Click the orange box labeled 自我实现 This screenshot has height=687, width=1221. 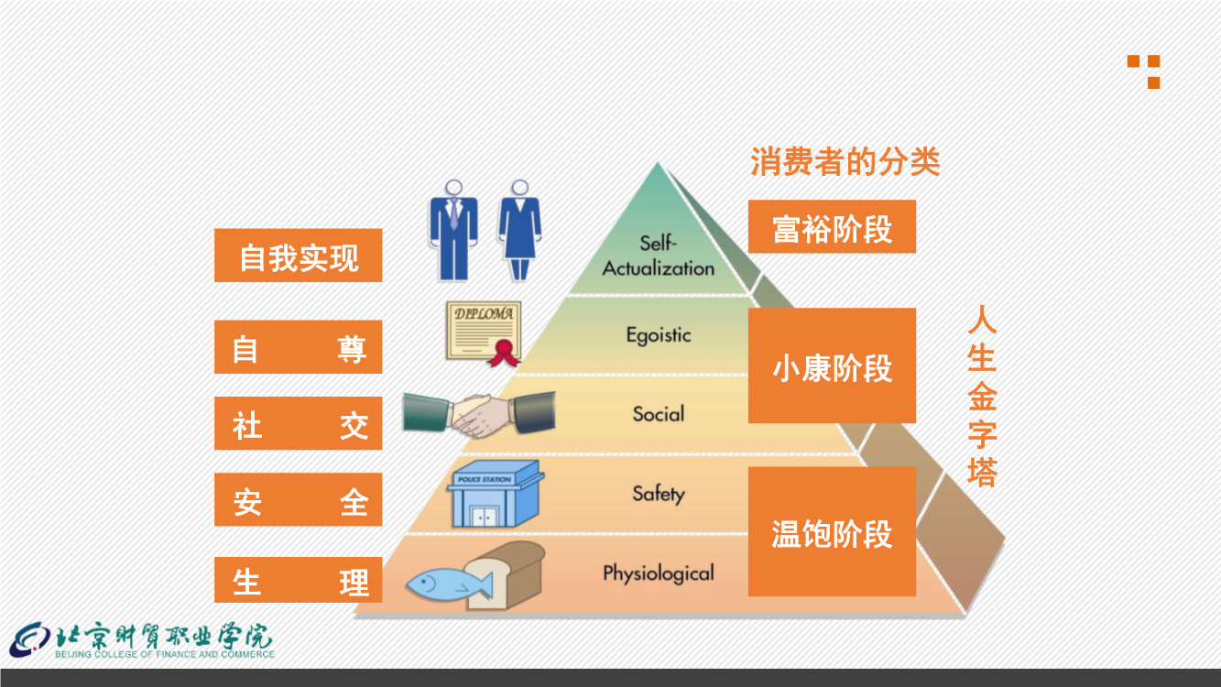tap(299, 256)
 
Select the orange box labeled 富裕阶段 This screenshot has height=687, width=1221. tap(832, 226)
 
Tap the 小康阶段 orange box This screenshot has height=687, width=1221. tap(832, 365)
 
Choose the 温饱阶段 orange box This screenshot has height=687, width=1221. tap(832, 531)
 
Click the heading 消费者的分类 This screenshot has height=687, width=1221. tap(845, 161)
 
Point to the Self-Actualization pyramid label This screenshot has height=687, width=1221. tap(659, 256)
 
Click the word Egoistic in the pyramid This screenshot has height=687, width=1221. tap(659, 335)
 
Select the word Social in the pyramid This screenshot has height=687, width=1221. tap(659, 414)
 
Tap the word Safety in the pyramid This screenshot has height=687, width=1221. tap(659, 494)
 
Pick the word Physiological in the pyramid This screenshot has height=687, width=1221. tap(659, 573)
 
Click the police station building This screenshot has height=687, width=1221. tap(495, 494)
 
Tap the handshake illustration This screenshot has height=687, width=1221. tap(479, 414)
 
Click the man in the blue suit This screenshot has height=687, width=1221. tap(453, 231)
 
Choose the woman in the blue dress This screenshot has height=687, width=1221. tap(520, 231)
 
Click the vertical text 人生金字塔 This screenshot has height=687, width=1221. tap(982, 396)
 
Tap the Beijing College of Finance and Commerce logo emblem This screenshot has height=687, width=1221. tap(30, 639)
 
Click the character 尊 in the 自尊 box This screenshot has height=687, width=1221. tap(352, 349)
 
